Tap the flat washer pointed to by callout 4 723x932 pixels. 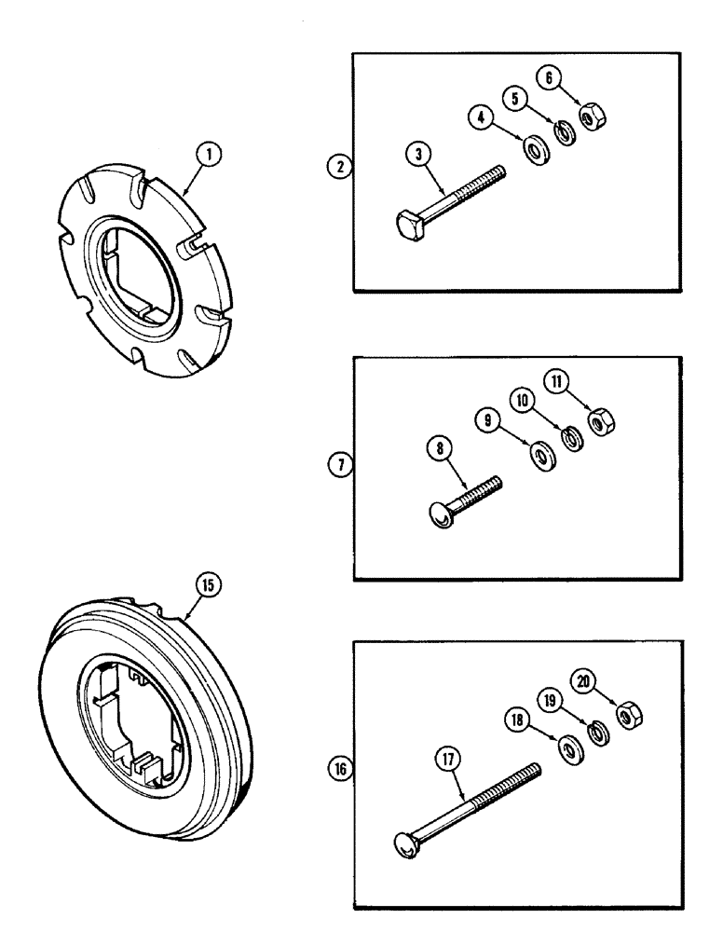537,150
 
